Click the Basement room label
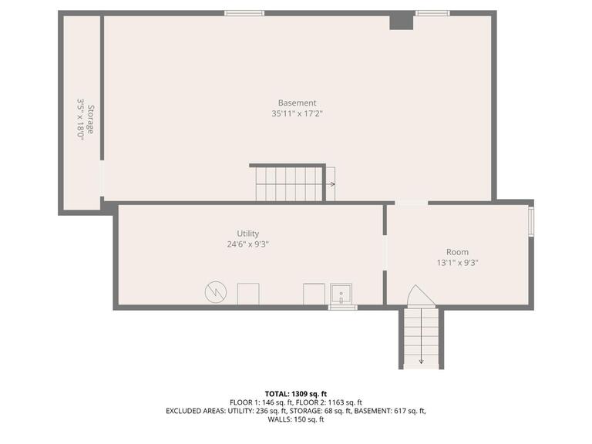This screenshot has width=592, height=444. click(297, 103)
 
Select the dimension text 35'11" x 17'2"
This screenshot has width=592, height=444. click(297, 114)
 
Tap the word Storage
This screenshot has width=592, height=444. click(90, 119)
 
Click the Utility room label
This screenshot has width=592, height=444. click(248, 234)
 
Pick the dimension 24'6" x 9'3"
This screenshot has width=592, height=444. click(248, 244)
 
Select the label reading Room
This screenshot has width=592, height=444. click(457, 252)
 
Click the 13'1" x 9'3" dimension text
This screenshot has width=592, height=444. click(457, 263)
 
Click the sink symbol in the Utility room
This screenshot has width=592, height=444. click(341, 294)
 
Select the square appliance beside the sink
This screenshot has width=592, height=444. click(314, 294)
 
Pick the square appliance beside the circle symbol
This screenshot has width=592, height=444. click(247, 294)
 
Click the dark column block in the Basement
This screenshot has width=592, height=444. click(401, 21)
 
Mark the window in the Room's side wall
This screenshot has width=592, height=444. click(530, 220)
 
